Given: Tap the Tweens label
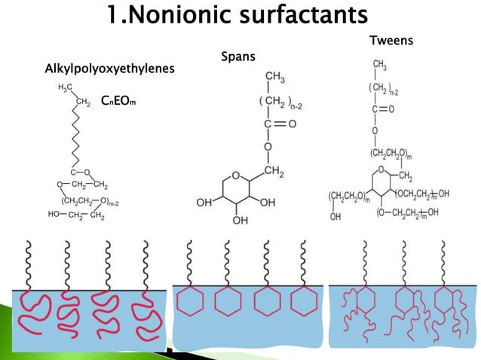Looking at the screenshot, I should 391,40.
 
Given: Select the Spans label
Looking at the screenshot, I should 237,56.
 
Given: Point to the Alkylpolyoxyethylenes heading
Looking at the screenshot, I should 110,69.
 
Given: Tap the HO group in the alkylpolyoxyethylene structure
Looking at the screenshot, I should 54,214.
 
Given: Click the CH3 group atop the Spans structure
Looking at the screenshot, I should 274,76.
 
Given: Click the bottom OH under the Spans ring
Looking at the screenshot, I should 240,221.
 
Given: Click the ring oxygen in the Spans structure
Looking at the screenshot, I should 236,176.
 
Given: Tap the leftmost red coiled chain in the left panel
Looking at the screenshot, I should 32,307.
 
